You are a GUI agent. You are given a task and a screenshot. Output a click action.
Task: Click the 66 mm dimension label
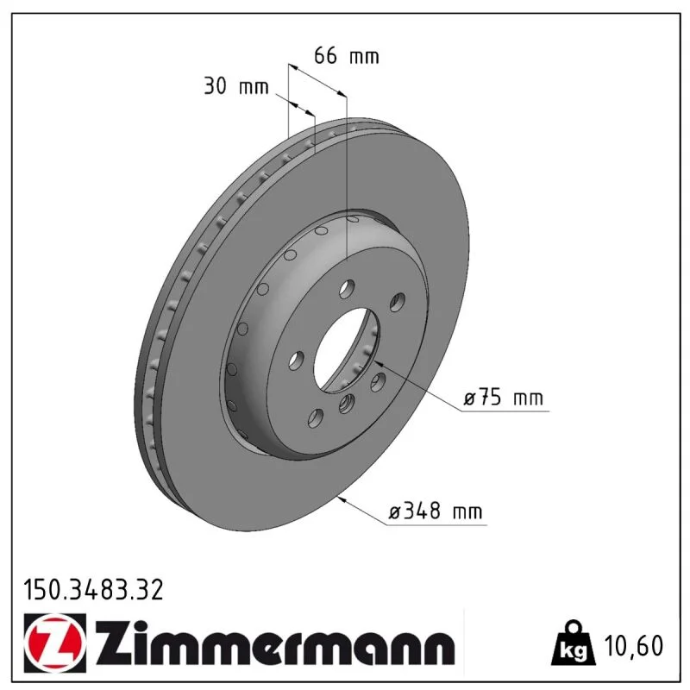coord(347,56)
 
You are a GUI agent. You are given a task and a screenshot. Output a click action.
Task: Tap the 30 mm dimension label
coord(235,85)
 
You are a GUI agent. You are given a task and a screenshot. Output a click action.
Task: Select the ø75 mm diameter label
coord(504,398)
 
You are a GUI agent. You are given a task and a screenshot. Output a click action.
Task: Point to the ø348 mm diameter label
coord(436,511)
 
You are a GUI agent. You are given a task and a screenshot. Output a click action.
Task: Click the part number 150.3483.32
coord(93,590)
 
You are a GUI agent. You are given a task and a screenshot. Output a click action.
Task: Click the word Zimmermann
coord(275,643)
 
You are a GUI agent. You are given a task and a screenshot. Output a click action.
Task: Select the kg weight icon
coord(573,643)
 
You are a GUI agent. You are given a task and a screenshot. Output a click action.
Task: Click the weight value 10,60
coord(634,646)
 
